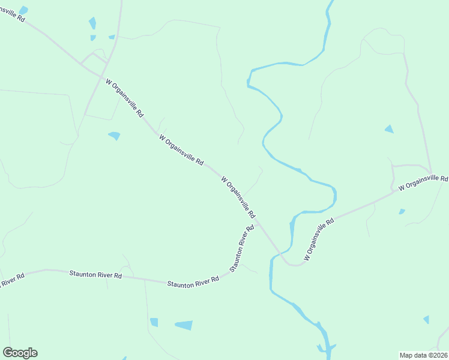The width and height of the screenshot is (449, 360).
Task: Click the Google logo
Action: [x=20, y=353]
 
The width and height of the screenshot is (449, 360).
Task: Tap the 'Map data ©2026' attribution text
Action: [x=423, y=355]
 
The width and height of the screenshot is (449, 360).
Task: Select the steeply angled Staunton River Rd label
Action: [x=240, y=249]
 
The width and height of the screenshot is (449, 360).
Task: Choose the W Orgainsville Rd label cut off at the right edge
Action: [x=423, y=183]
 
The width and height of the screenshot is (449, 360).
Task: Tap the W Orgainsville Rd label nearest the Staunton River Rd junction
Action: [x=238, y=197]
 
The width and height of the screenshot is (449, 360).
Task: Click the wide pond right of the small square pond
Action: [x=184, y=325]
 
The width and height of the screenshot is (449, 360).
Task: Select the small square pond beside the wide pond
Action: [x=154, y=322]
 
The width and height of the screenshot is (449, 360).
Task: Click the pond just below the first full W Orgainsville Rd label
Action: [x=114, y=136]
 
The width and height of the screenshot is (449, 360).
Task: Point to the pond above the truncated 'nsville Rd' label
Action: [x=23, y=10]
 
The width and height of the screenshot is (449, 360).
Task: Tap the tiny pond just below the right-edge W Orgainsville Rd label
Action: [x=402, y=211]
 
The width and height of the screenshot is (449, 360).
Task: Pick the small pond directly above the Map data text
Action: [x=426, y=319]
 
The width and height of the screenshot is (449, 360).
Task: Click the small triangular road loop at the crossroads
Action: [x=94, y=59]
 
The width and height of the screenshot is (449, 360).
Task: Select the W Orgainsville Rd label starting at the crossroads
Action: [x=125, y=97]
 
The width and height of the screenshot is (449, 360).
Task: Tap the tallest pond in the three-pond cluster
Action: [x=92, y=23]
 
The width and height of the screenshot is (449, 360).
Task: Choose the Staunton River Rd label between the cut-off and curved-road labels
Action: [x=95, y=274]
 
